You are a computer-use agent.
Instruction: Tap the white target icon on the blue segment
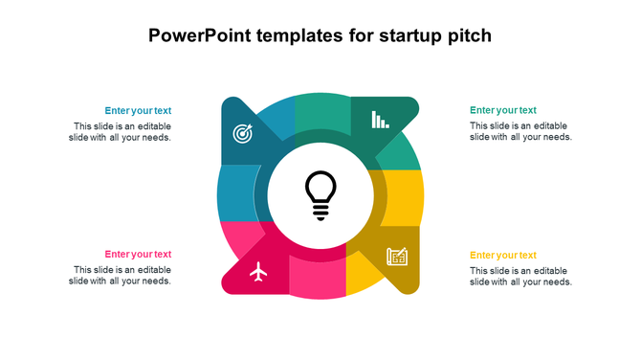pos(243,134)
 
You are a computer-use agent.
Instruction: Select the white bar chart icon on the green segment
pos(380,120)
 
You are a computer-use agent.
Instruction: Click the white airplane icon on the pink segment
pos(258,273)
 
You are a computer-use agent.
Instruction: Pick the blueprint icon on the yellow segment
pos(397,257)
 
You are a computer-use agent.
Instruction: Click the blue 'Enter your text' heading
pos(138,111)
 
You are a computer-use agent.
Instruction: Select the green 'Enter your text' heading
pos(503,111)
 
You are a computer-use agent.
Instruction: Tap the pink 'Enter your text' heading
pos(138,255)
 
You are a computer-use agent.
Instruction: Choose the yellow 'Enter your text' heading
pos(503,256)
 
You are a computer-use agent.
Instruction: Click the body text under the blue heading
pos(121,132)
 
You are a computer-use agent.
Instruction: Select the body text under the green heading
pos(520,132)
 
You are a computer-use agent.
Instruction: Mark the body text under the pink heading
pos(121,276)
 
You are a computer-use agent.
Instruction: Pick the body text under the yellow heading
pos(520,276)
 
